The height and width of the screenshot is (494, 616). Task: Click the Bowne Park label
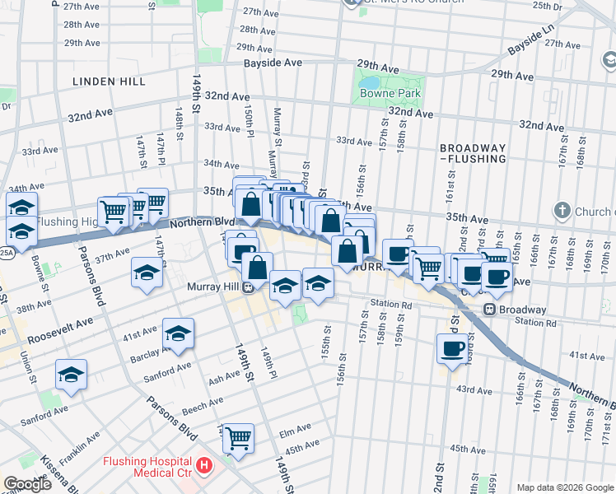click(x=390, y=93)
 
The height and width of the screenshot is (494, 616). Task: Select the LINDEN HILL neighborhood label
click(x=109, y=82)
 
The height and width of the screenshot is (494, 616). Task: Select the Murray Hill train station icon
click(x=247, y=287)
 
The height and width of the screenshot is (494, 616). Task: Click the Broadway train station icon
click(x=488, y=310)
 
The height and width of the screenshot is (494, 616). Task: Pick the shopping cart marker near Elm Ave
click(x=238, y=437)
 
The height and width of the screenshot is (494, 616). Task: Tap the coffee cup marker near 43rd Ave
click(x=452, y=348)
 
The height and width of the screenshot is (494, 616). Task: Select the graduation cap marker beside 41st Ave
click(x=178, y=333)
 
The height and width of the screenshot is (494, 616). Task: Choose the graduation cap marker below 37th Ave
click(x=147, y=273)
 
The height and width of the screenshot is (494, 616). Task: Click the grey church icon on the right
click(x=562, y=212)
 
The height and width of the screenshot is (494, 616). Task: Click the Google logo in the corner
click(x=27, y=484)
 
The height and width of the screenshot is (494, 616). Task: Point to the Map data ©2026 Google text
click(x=564, y=487)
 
